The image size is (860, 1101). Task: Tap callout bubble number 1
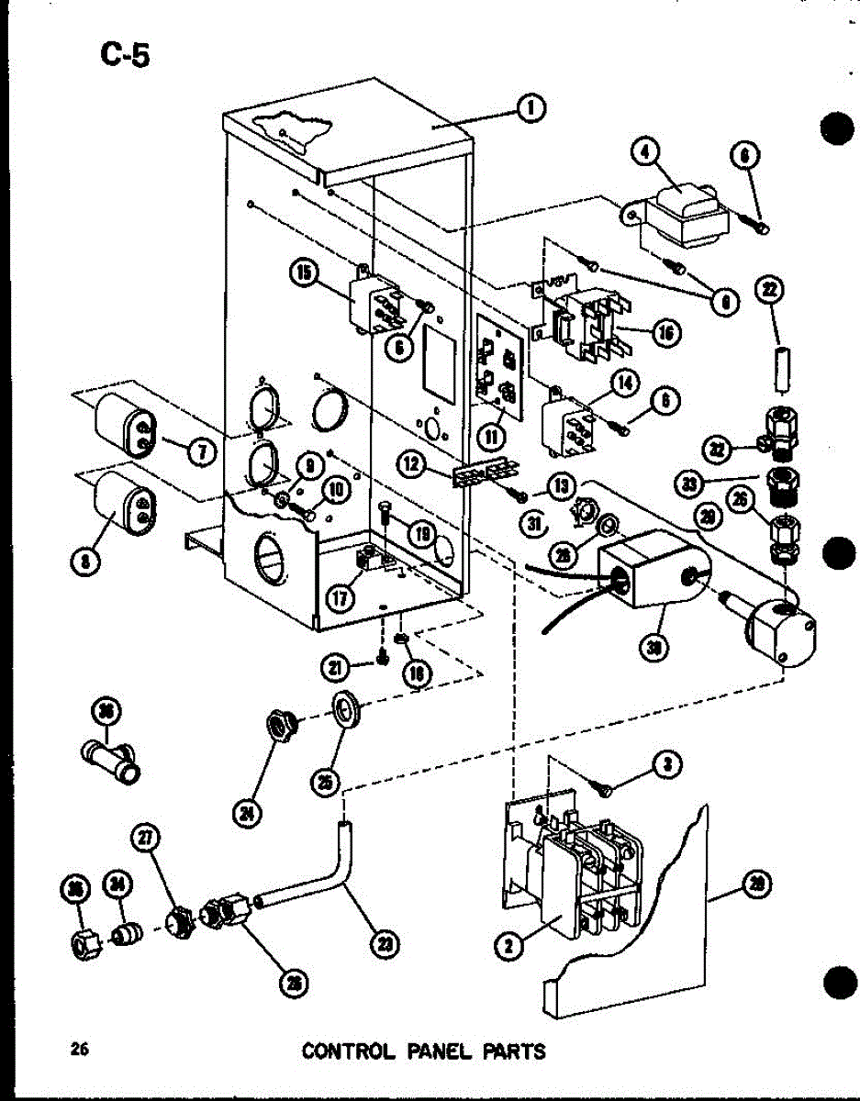530,111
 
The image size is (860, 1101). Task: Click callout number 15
303,272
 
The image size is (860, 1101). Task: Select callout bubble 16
667,332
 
